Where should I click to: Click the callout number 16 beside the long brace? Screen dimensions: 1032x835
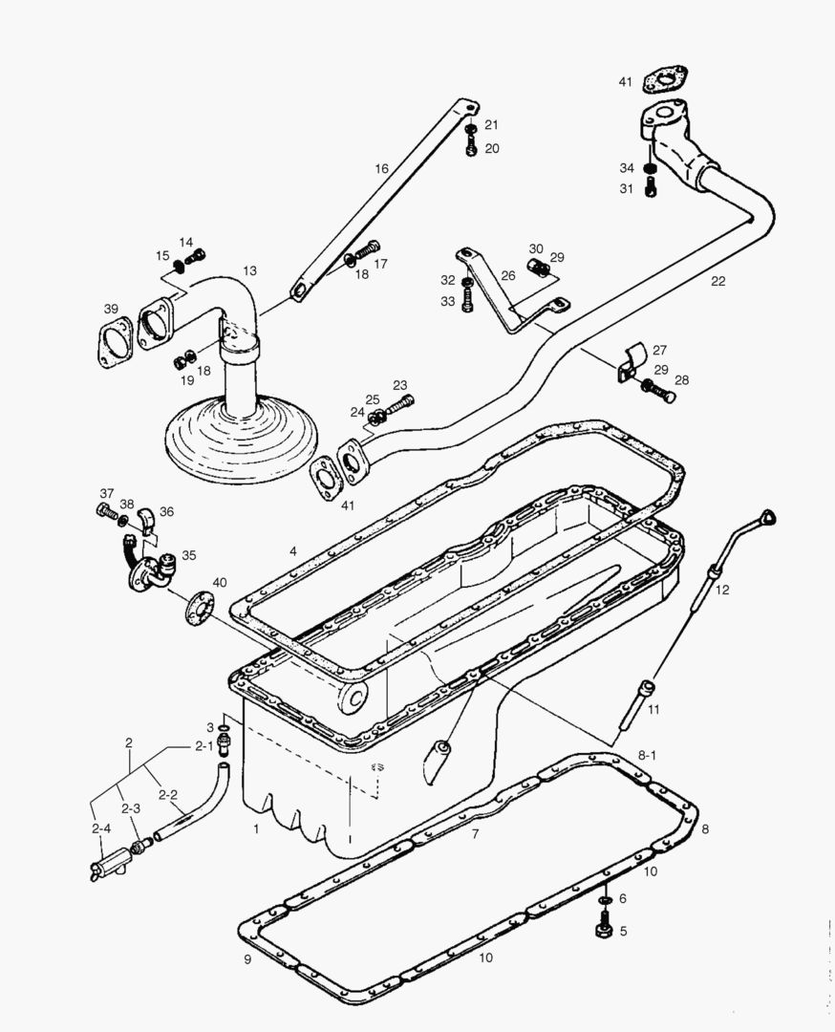(x=381, y=168)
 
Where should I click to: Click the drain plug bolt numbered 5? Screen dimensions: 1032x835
(x=603, y=930)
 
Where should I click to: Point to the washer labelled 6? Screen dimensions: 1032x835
(x=604, y=900)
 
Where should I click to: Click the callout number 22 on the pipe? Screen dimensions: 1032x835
(x=717, y=281)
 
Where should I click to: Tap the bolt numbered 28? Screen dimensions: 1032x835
(x=658, y=392)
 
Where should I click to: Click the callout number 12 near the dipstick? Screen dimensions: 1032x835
(x=722, y=590)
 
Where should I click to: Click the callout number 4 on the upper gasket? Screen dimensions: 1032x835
(x=293, y=551)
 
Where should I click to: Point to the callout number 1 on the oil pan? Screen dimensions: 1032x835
(x=256, y=828)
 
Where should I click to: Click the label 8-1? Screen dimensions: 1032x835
(x=647, y=756)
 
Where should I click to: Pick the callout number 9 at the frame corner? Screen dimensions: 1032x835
(x=247, y=958)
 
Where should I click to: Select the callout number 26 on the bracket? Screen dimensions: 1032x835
(x=508, y=275)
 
